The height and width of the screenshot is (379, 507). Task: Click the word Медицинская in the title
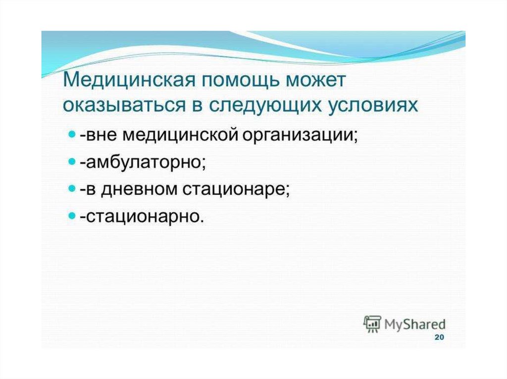point(129,80)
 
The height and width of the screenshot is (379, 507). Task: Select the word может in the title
point(315,81)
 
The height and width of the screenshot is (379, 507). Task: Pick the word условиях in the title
point(373,106)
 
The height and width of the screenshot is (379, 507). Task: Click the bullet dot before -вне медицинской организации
point(72,133)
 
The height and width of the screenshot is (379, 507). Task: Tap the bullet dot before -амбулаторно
point(72,161)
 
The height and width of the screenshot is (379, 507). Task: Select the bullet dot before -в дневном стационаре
point(72,188)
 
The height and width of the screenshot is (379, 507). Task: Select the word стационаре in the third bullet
point(236,190)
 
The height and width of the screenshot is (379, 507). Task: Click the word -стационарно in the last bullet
point(142,216)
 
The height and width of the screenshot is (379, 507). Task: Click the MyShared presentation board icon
point(372,324)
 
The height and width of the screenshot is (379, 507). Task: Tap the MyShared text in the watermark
point(415,324)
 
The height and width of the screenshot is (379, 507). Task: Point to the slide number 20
point(439,337)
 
